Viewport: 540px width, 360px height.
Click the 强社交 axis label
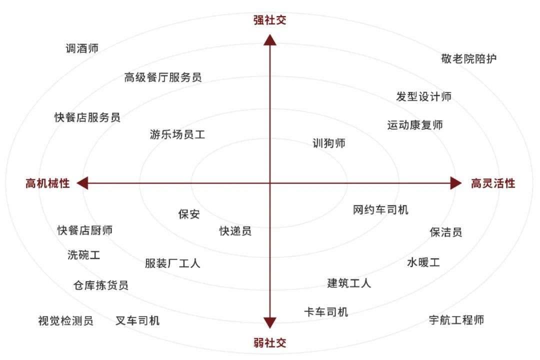pyautogui.click(x=270, y=20)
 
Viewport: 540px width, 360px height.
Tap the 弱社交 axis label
pyautogui.click(x=270, y=342)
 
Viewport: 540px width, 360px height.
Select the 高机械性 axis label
pyautogui.click(x=47, y=183)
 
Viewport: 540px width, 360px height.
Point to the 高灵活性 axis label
pyautogui.click(x=493, y=183)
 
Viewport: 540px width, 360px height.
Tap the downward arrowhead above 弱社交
pyautogui.click(x=270, y=323)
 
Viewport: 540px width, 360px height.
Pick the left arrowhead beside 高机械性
pyautogui.click(x=82, y=183)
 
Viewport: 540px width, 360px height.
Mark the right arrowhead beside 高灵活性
pyautogui.click(x=456, y=183)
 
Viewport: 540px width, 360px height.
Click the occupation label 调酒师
pyautogui.click(x=82, y=48)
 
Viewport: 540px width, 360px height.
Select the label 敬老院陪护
pyautogui.click(x=468, y=58)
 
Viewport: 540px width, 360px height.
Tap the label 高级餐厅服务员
pyautogui.click(x=163, y=77)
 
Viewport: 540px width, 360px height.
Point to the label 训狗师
pyautogui.click(x=329, y=143)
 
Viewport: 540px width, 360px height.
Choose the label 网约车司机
pyautogui.click(x=380, y=209)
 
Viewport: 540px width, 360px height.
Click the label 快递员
pyautogui.click(x=235, y=231)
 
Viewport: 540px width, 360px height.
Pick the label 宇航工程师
pyautogui.click(x=456, y=320)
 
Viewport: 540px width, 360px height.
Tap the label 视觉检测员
pyautogui.click(x=66, y=320)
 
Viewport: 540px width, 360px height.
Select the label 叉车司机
pyautogui.click(x=137, y=320)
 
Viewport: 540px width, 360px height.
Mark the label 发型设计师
pyautogui.click(x=423, y=96)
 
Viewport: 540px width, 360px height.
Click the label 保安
pyautogui.click(x=189, y=214)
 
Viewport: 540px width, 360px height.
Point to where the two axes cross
pyautogui.click(x=270, y=183)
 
